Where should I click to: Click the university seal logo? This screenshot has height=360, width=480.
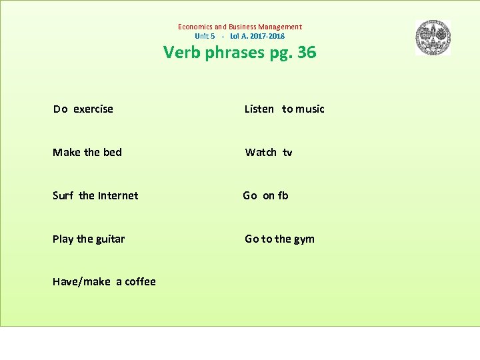(x=433, y=37)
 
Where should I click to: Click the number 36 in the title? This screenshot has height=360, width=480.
(x=307, y=52)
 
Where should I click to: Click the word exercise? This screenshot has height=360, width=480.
(x=93, y=109)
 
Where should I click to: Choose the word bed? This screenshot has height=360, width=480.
(x=113, y=152)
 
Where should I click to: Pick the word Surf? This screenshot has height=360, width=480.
(x=63, y=195)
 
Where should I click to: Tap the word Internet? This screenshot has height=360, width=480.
(x=118, y=195)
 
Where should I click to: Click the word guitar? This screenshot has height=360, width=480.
(x=110, y=239)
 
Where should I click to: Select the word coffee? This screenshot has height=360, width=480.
(x=140, y=281)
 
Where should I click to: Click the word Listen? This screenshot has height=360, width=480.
(x=259, y=109)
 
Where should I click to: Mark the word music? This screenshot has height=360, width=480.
(x=310, y=109)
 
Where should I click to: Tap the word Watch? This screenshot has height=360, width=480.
(x=261, y=152)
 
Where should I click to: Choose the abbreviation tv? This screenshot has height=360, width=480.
(x=287, y=152)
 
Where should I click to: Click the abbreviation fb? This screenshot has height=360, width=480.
(x=283, y=195)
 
